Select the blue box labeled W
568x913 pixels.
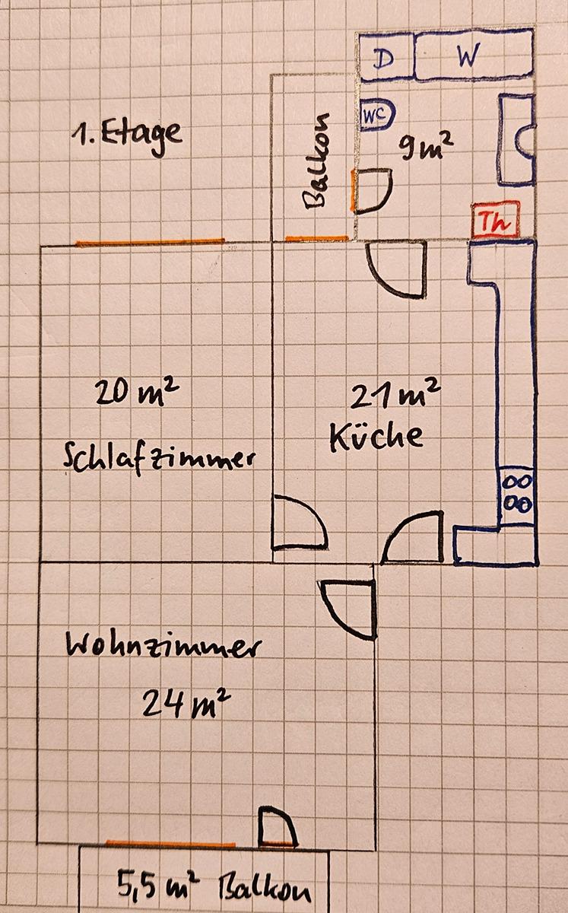(x=474, y=55)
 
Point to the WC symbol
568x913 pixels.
(x=378, y=115)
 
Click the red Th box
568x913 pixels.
(x=497, y=219)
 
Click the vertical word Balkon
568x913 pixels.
(x=316, y=161)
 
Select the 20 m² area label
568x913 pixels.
(x=137, y=391)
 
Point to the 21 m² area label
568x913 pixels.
(x=395, y=393)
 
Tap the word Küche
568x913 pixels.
(x=376, y=437)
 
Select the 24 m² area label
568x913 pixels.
(x=186, y=704)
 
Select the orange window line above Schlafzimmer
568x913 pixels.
(x=150, y=242)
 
